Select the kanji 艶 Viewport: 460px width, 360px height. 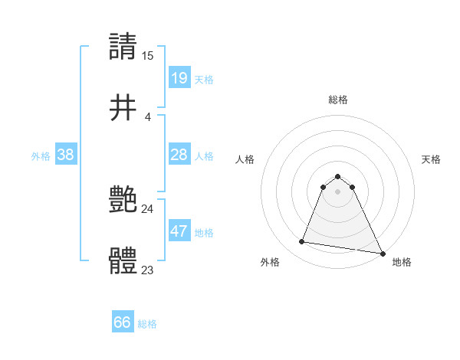point(123,201)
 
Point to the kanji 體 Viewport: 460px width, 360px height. point(123,261)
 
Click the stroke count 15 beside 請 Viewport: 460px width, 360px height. point(147,55)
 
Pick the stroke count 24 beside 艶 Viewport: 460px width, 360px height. point(147,208)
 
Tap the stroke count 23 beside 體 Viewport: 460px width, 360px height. point(147,270)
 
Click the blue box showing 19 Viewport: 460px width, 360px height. point(179,77)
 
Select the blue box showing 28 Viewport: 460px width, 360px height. point(179,155)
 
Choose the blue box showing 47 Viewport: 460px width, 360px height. point(179,231)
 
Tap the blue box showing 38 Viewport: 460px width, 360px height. point(66,155)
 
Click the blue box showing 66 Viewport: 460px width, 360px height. point(123,322)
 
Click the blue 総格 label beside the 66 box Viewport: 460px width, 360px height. point(147,324)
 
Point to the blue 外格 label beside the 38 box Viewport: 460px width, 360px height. point(41,156)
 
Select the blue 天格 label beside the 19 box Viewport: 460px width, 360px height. point(204,79)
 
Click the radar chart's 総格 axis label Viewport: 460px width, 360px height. point(338,100)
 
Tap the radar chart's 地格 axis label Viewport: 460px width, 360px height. point(402,262)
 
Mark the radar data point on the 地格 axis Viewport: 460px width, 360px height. point(383,253)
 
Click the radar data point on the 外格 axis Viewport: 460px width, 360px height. point(302,242)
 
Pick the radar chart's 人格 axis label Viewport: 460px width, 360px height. point(245,159)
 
